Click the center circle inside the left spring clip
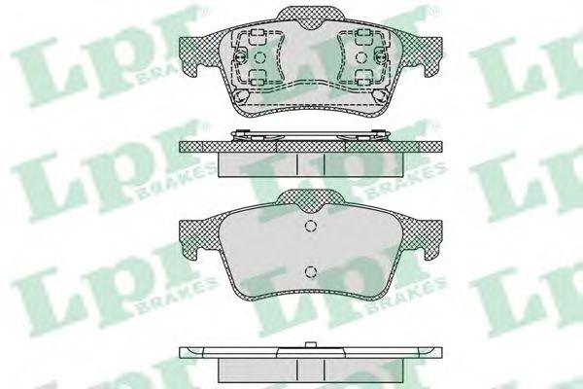click(257, 57)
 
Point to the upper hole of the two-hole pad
click(309, 230)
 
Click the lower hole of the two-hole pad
click(309, 270)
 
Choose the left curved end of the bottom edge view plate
click(185, 352)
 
